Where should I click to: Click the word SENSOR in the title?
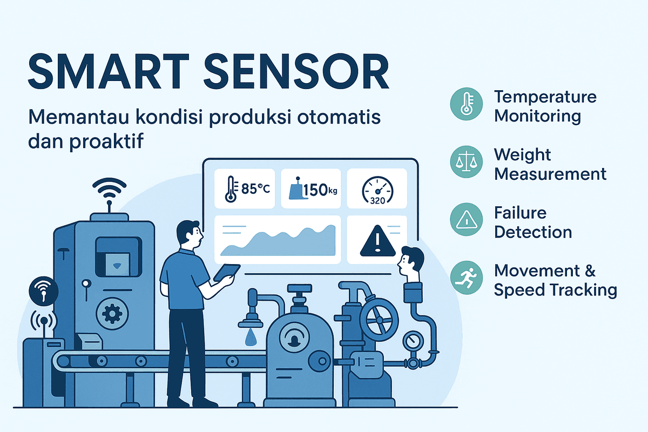[296, 71]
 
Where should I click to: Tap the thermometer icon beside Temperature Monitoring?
[467, 104]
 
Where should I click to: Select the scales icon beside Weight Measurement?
[467, 162]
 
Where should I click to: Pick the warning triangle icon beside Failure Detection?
[467, 219]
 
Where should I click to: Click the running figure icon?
[467, 278]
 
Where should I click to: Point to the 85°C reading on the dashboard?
[255, 189]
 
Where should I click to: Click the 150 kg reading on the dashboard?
[320, 190]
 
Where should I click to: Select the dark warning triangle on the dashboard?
[377, 241]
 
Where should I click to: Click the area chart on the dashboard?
[278, 241]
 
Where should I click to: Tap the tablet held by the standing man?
[226, 273]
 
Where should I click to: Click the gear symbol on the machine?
[112, 314]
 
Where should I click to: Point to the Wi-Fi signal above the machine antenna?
[109, 188]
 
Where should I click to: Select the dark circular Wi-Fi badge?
[43, 292]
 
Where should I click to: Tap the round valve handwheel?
[379, 320]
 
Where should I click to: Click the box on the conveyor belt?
[89, 341]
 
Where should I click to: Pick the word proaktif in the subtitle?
[106, 141]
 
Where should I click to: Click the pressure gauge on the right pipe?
[413, 341]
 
